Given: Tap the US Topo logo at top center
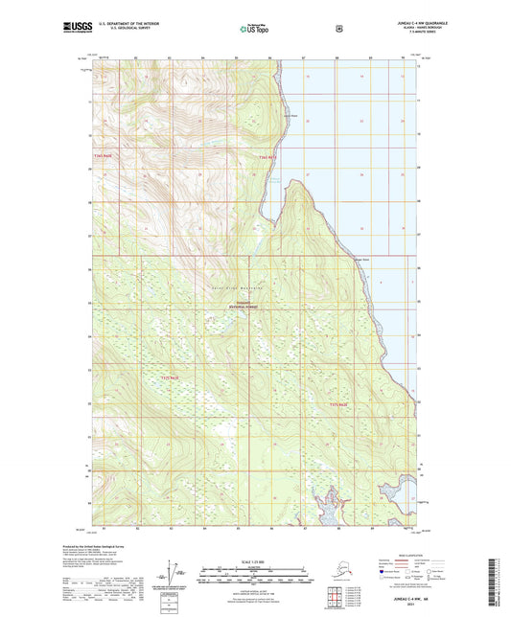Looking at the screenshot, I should pyautogui.click(x=253, y=28).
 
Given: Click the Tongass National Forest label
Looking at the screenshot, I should pyautogui.click(x=250, y=305).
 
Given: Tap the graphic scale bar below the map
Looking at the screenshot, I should pyautogui.click(x=253, y=578).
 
